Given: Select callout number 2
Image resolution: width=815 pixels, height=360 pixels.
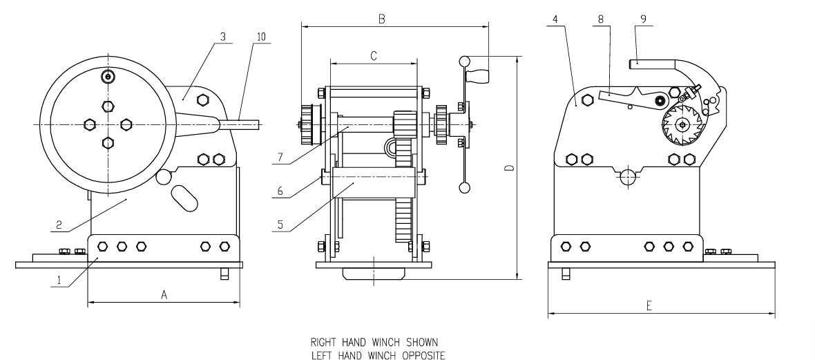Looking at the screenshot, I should (x=61, y=224).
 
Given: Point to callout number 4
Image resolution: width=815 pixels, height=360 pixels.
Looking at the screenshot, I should (x=555, y=20).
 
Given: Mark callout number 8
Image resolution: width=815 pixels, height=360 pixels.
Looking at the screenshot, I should (x=601, y=20).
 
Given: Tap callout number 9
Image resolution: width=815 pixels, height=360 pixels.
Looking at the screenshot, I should (x=643, y=20).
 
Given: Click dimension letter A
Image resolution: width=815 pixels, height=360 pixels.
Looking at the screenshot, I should (x=164, y=294).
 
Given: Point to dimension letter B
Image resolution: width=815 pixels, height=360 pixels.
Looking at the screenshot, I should (x=381, y=20).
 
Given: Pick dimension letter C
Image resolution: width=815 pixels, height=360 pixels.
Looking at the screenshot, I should (x=373, y=57).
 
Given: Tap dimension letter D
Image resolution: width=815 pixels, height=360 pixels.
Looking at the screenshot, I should (x=508, y=169).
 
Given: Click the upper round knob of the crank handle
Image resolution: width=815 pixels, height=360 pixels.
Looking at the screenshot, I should (x=466, y=62).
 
